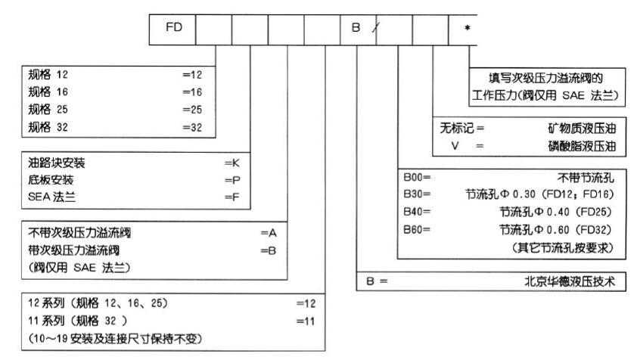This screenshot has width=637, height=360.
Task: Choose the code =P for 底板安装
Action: pos(232,180)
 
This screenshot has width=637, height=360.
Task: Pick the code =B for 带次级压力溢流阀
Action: pos(269,250)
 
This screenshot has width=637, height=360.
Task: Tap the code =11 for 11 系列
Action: pos(305,320)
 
